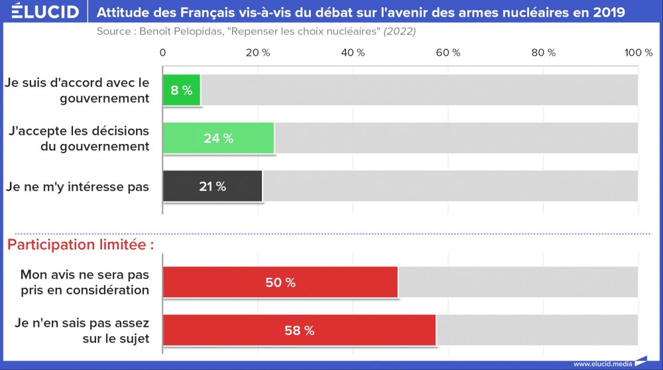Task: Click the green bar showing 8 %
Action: (182, 90)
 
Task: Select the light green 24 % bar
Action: (218, 139)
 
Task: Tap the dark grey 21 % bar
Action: (212, 186)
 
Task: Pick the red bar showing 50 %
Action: (280, 282)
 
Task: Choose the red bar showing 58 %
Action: (299, 330)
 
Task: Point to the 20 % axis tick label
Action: (258, 53)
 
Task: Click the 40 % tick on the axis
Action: (353, 53)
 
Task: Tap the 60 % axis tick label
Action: (448, 53)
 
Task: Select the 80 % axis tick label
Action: (543, 53)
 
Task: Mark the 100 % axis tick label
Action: (639, 53)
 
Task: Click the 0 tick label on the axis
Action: (163, 53)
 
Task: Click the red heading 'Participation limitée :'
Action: (80, 245)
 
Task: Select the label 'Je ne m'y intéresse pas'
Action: (78, 187)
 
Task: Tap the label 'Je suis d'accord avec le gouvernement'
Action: (78, 91)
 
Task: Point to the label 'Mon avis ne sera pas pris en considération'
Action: (84, 282)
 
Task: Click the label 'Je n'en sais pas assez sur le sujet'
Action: (82, 330)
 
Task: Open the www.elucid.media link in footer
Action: (601, 363)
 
